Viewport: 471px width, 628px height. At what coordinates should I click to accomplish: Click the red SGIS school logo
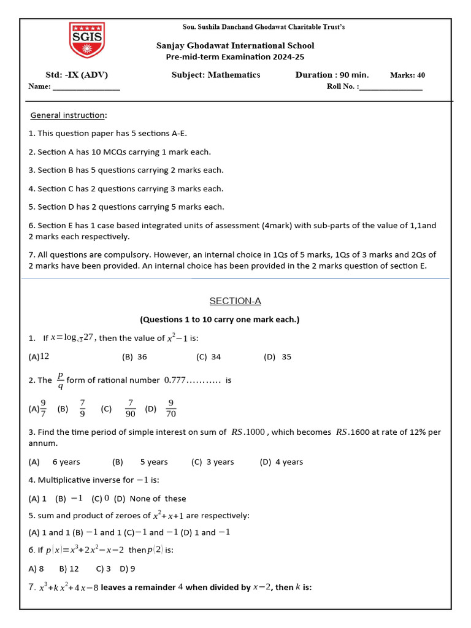click(x=86, y=42)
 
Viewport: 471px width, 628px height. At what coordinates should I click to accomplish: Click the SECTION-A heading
click(x=235, y=301)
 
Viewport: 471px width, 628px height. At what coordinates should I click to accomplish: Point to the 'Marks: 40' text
click(x=407, y=75)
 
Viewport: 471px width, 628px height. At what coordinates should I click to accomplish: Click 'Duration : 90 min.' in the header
click(x=332, y=75)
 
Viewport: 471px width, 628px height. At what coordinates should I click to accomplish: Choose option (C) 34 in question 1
click(x=209, y=356)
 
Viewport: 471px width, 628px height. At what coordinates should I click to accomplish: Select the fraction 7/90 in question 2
click(x=130, y=408)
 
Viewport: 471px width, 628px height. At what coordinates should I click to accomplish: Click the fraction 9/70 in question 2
click(x=171, y=408)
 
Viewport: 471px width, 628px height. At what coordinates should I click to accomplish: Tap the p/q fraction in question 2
click(x=60, y=380)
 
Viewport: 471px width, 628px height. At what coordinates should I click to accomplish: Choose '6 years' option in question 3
click(x=66, y=462)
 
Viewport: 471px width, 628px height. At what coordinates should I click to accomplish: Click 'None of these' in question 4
click(x=158, y=499)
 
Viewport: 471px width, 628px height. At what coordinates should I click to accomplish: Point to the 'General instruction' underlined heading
click(x=68, y=115)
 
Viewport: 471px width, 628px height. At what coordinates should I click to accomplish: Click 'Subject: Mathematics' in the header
click(x=216, y=75)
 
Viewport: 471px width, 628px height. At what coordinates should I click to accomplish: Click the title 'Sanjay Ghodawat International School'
click(x=235, y=45)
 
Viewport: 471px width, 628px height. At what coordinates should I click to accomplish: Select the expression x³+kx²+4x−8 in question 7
click(x=68, y=588)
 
